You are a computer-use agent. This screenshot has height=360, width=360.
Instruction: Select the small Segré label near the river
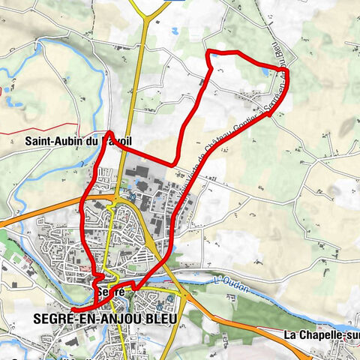(109, 290)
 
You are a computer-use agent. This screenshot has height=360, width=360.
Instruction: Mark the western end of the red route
(73, 308)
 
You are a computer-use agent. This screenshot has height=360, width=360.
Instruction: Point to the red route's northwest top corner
(210, 52)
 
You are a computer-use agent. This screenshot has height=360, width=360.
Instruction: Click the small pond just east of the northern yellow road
(173, 31)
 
